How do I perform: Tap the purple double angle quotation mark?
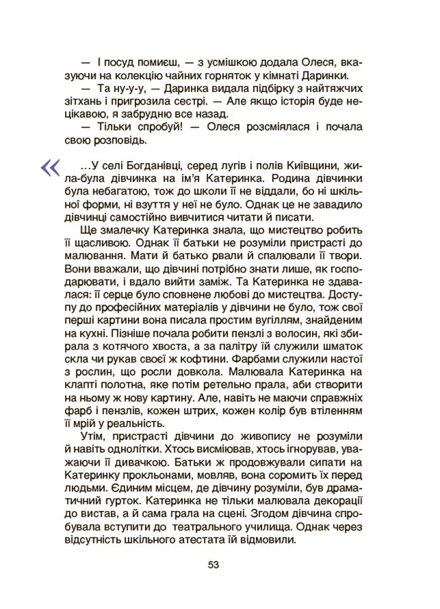pyautogui.click(x=50, y=167)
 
